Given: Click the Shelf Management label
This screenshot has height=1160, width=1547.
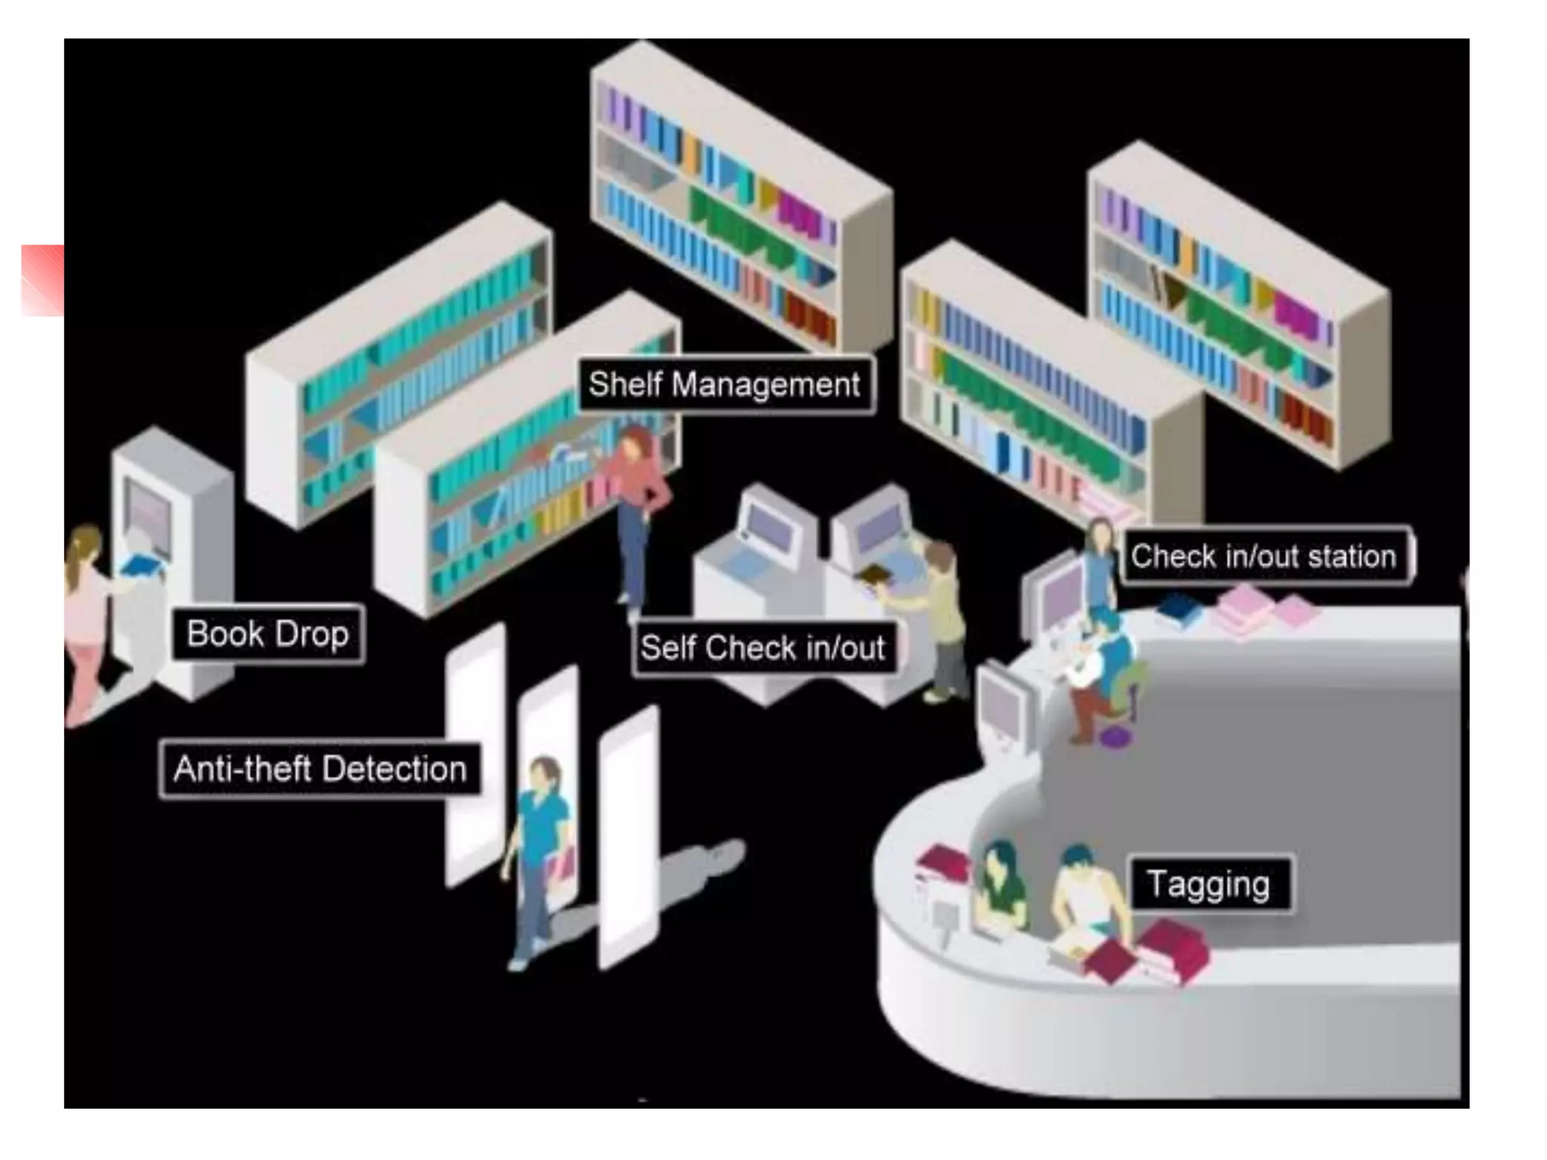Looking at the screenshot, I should click(725, 384).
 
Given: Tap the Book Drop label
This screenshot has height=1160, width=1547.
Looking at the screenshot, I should click(267, 634).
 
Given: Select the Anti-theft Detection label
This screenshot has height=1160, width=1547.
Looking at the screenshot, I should click(320, 769).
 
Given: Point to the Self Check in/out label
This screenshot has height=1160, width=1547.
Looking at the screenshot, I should click(763, 648).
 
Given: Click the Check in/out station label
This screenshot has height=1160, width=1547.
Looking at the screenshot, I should click(1264, 557).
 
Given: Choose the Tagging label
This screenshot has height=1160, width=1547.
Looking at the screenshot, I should click(1209, 884).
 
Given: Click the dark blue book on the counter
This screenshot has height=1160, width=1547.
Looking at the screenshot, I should click(1178, 609).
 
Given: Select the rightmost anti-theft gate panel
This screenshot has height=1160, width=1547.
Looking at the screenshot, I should click(628, 838).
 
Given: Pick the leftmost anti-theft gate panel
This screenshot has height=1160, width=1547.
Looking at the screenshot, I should click(474, 755).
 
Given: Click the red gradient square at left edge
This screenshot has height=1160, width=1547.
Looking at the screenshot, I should click(42, 279).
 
